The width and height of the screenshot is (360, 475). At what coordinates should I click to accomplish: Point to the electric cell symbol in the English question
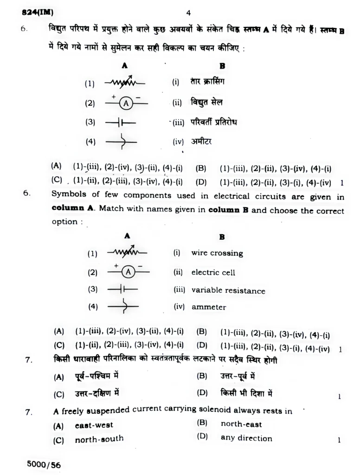point(122,289)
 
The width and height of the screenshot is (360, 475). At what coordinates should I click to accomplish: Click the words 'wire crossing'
point(217,253)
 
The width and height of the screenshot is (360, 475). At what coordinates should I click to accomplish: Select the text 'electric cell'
point(213,272)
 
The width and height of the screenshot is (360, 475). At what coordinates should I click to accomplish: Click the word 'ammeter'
point(209,307)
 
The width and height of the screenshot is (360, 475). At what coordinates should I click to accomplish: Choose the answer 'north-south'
point(99,439)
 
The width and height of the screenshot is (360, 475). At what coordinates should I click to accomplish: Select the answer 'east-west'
point(94,425)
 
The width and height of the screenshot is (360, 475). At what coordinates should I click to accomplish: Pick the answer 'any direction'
point(246,438)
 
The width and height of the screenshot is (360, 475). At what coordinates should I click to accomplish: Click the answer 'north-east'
point(241,424)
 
